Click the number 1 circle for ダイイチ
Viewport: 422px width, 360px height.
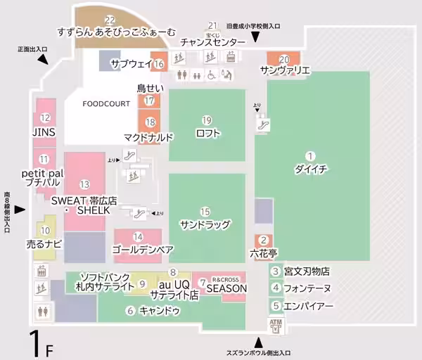click(309, 155)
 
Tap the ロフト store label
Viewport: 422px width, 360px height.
click(207, 133)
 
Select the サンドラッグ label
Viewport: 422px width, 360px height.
click(205, 224)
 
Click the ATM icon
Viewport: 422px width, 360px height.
click(274, 325)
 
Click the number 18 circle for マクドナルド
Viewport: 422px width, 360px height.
click(150, 122)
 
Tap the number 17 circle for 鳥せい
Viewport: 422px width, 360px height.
click(149, 101)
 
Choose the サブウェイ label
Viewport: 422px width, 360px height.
click(132, 64)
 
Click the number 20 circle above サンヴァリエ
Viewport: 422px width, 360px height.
click(284, 59)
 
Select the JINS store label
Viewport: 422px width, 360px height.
click(44, 131)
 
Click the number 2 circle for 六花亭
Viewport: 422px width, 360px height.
click(264, 240)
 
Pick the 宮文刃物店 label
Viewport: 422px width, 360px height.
click(307, 271)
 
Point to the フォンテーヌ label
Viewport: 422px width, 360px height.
click(307, 288)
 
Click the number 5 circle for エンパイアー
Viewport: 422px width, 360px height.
click(276, 306)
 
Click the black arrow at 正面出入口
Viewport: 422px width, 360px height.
click(44, 61)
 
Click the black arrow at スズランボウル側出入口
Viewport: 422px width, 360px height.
click(257, 342)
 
